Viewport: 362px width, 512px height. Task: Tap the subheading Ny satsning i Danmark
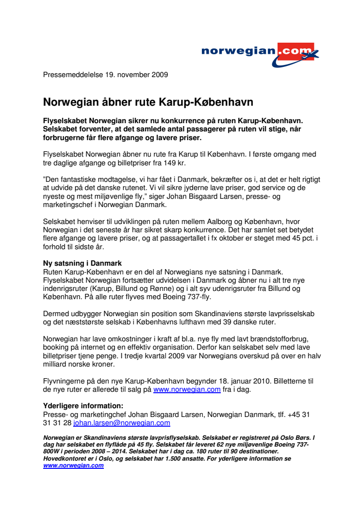tap(82, 263)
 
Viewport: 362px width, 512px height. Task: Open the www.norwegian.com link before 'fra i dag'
tap(187, 389)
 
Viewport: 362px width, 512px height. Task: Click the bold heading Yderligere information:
tap(83, 406)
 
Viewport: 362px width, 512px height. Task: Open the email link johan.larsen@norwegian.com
tap(121, 423)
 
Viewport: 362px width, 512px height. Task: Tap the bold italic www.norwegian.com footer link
tap(73, 465)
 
